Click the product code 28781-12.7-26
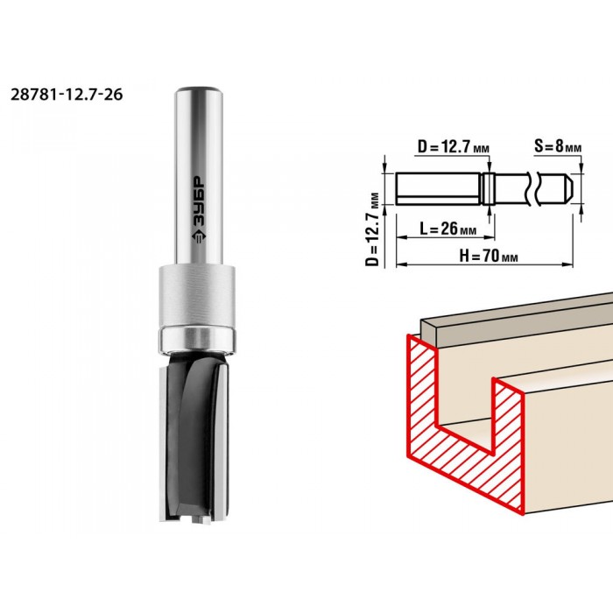coord(67,95)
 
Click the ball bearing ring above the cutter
coord(197,339)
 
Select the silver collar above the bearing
coord(197,296)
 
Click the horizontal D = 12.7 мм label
coord(454,147)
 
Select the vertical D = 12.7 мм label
coord(372,229)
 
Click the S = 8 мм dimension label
coord(558,146)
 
